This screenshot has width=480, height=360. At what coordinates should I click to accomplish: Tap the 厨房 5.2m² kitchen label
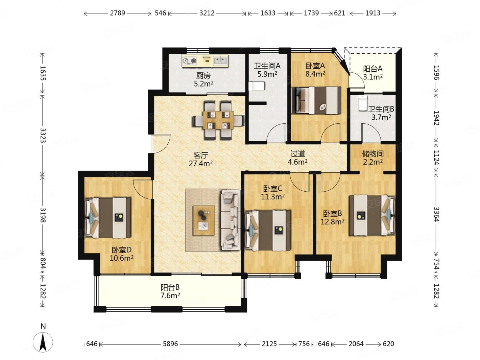click(203, 79)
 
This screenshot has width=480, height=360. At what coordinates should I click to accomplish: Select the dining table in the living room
click(218, 120)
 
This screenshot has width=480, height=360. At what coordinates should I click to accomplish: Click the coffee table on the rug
click(203, 220)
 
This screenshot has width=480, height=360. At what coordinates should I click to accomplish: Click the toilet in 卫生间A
click(257, 86)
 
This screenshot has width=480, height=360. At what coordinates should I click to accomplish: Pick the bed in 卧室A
click(316, 100)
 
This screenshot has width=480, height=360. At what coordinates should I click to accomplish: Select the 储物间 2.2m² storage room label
click(373, 158)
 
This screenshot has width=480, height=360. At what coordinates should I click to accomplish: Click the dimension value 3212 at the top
click(207, 13)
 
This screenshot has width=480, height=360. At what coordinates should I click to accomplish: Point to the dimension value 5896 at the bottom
click(170, 344)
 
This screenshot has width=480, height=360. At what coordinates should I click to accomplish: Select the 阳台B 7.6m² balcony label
click(170, 291)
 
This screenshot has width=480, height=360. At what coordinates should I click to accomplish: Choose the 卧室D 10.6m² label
click(121, 254)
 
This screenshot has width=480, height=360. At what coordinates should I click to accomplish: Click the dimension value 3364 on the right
click(436, 214)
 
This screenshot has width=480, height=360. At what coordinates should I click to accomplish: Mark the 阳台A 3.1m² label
click(373, 73)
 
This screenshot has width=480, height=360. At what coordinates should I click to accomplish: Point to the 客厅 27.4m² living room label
click(200, 159)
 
